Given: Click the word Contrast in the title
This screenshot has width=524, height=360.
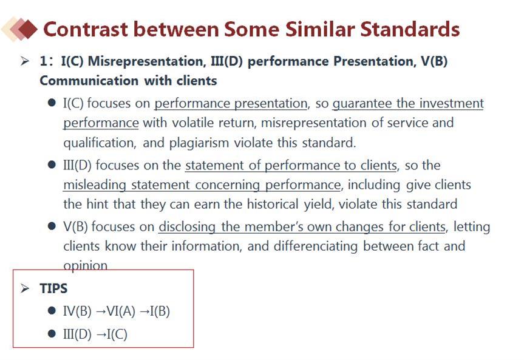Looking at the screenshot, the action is pyautogui.click(x=86, y=29).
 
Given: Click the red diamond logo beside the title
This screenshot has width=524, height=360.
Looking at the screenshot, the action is pyautogui.click(x=19, y=29).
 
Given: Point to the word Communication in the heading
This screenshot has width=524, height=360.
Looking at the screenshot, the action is pyautogui.click(x=89, y=81).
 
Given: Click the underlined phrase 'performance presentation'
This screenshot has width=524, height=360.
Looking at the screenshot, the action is pyautogui.click(x=231, y=103).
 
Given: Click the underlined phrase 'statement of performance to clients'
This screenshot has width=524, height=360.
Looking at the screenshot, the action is pyautogui.click(x=291, y=165).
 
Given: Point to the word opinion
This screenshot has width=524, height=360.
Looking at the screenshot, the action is pyautogui.click(x=85, y=265).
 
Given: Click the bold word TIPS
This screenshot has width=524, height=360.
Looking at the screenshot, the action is pyautogui.click(x=53, y=288).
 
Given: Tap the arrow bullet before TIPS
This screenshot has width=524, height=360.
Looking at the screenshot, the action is pyautogui.click(x=25, y=288).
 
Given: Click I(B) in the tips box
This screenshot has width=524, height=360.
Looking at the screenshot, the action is pyautogui.click(x=160, y=311).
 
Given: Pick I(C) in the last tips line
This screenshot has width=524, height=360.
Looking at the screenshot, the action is pyautogui.click(x=117, y=335).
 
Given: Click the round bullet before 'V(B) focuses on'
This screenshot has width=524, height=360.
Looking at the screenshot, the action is pyautogui.click(x=52, y=226).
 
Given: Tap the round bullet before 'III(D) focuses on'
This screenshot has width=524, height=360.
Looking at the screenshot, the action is pyautogui.click(x=52, y=165).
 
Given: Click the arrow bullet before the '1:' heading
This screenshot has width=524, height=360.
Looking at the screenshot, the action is pyautogui.click(x=25, y=61).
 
